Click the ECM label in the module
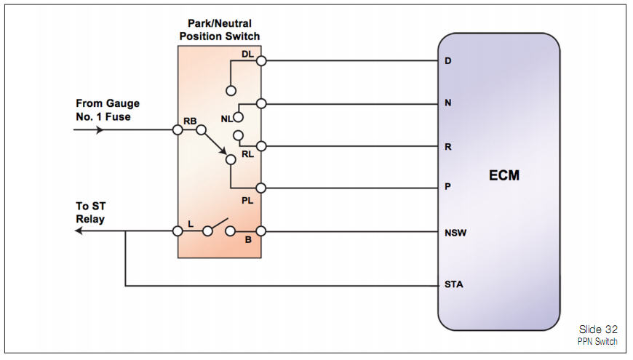(504, 175)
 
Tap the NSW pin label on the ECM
(455, 233)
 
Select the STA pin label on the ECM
(453, 284)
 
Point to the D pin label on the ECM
(448, 60)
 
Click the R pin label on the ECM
(448, 147)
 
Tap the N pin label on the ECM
(448, 103)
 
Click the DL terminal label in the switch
(247, 55)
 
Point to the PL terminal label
(247, 200)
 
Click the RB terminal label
(190, 121)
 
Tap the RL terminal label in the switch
(247, 153)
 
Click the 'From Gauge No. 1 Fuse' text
(107, 110)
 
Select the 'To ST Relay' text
(90, 212)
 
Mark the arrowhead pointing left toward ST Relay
(79, 232)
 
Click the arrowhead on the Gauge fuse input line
(100, 130)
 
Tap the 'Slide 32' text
(598, 329)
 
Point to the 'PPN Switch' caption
(599, 341)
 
